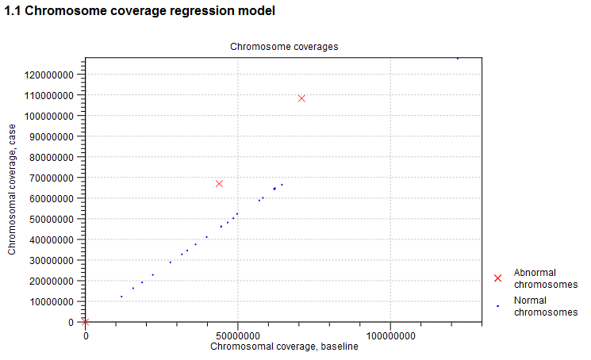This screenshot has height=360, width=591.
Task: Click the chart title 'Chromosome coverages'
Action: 284,47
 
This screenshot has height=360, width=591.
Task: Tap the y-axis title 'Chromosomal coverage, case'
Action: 12,189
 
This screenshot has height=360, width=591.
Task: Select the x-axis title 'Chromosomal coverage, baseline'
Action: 284,346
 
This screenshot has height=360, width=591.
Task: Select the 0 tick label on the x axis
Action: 86,335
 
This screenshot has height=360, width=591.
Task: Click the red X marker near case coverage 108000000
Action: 301,98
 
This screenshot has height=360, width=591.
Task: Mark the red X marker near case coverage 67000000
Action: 219,184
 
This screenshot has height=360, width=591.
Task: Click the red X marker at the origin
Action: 86,321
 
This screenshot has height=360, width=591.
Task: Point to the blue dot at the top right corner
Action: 458,59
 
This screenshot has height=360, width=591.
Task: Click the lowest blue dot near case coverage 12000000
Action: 121,297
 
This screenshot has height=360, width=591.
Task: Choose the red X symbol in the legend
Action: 497,278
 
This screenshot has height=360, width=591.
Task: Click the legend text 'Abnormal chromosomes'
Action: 545,278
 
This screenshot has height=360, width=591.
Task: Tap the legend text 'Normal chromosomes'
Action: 545,306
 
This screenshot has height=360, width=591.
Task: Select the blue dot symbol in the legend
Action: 497,306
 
